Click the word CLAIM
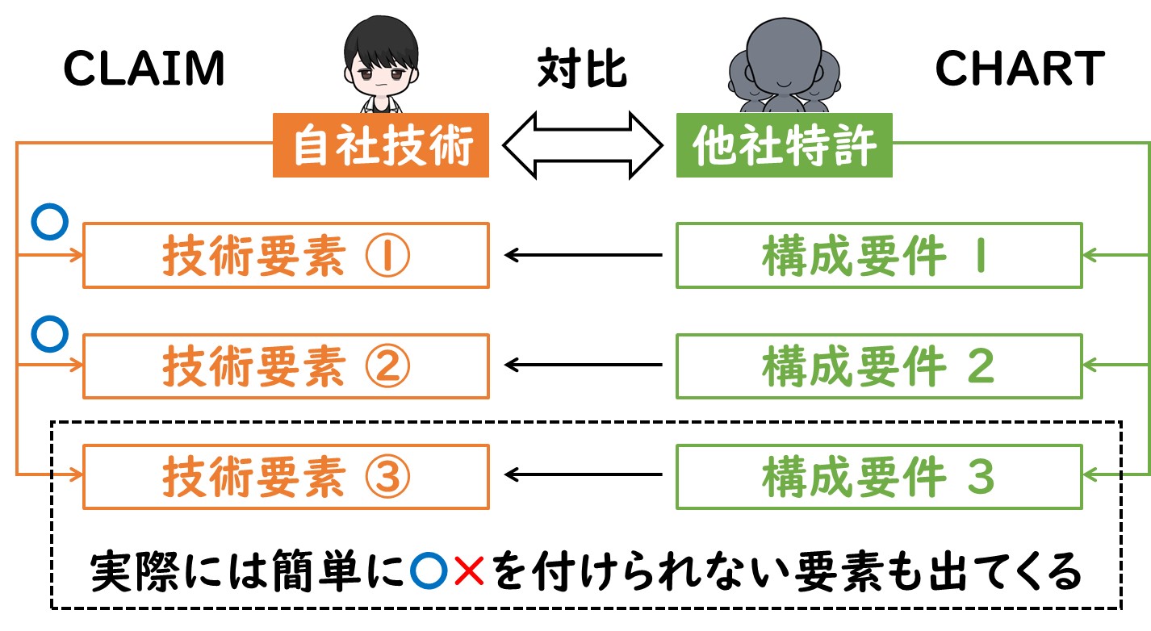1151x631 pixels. click(x=144, y=69)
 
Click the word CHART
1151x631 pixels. click(x=1020, y=69)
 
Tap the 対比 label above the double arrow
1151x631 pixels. click(x=582, y=69)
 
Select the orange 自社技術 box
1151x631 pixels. click(x=381, y=145)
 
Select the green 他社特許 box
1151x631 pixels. click(x=784, y=145)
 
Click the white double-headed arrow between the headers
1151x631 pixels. click(x=583, y=145)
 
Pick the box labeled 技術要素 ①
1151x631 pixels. click(x=287, y=255)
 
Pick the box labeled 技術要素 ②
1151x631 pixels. click(x=287, y=366)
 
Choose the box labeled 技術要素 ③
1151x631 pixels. click(x=287, y=477)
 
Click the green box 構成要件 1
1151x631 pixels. click(x=879, y=255)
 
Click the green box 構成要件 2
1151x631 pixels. click(x=879, y=366)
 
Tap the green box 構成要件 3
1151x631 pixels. click(x=879, y=477)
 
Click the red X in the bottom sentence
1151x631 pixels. click(x=469, y=570)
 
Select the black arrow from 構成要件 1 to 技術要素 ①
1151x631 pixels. click(x=584, y=255)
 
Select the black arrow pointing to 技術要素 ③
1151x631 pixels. click(x=584, y=474)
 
